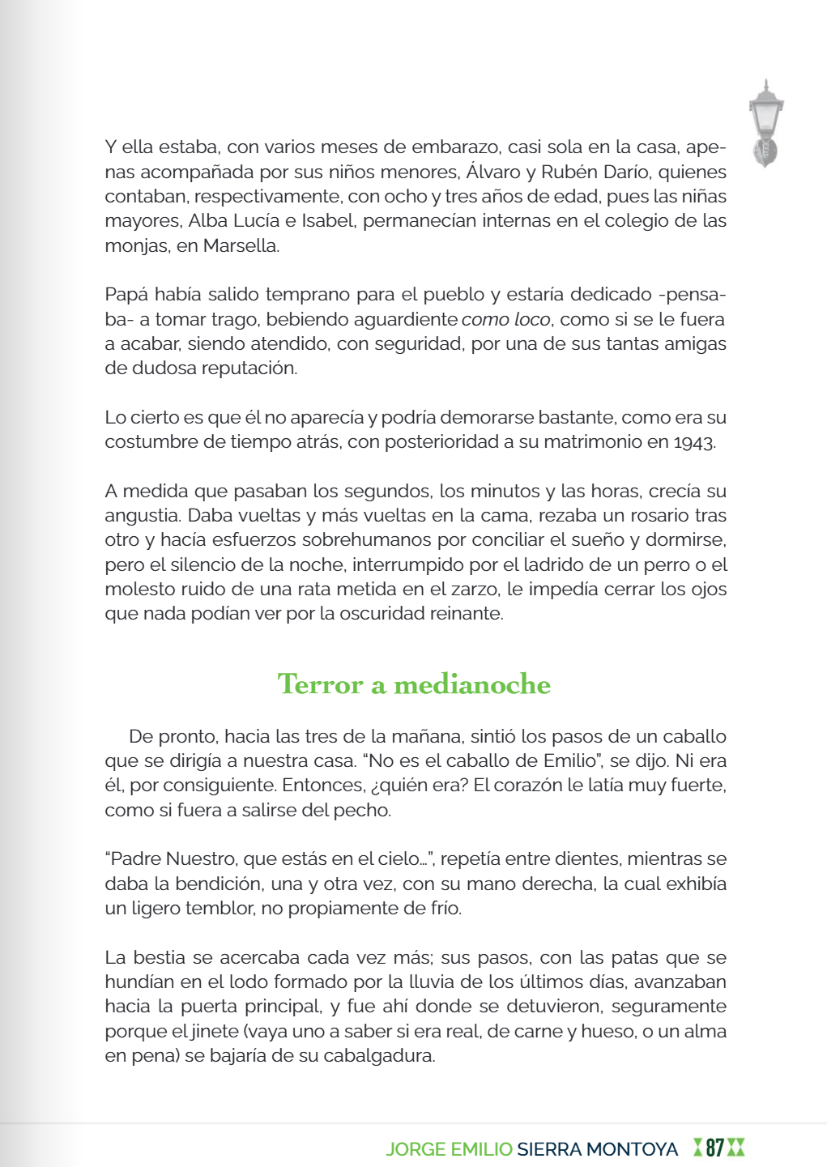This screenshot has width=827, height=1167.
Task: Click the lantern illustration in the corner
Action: tap(765, 123)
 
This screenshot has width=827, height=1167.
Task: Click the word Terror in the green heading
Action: tap(320, 684)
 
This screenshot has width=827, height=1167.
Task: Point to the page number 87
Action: tap(714, 1148)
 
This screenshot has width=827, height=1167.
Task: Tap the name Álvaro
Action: tap(493, 172)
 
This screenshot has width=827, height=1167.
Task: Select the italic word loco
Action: tap(532, 319)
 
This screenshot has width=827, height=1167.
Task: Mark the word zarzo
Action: tap(475, 589)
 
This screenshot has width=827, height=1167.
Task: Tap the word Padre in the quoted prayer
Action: tap(135, 858)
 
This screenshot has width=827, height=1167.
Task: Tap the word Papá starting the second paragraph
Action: tap(126, 294)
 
